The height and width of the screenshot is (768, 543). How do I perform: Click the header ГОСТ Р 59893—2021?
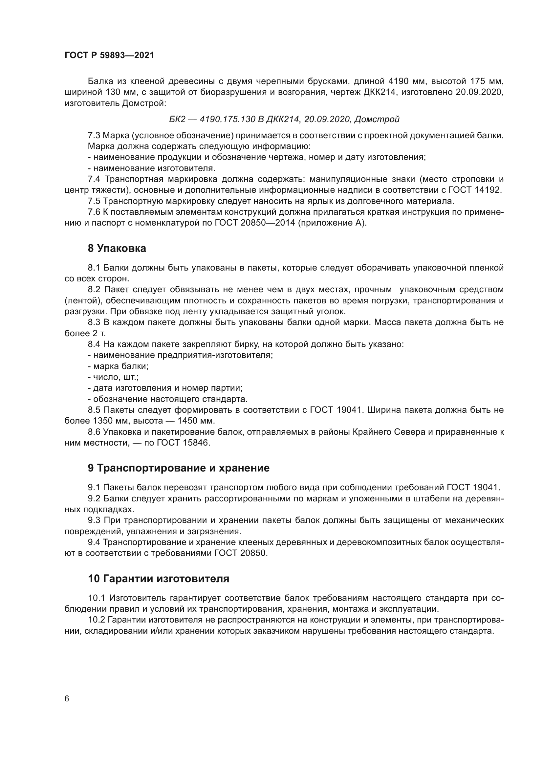click(x=109, y=55)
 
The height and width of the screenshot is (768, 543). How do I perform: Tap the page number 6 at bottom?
click(x=67, y=698)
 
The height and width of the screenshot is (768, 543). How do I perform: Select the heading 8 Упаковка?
click(x=117, y=249)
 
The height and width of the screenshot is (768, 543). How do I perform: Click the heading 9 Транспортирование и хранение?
click(x=179, y=468)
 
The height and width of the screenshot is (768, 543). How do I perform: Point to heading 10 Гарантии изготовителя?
click(x=159, y=578)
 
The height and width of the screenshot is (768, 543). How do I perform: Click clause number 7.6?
click(x=94, y=212)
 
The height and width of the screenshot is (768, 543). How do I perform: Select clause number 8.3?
click(x=94, y=322)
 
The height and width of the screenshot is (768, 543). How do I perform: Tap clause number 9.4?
click(x=94, y=542)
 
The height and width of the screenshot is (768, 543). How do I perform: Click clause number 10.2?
click(x=97, y=620)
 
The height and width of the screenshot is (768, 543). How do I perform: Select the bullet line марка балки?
click(x=118, y=366)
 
